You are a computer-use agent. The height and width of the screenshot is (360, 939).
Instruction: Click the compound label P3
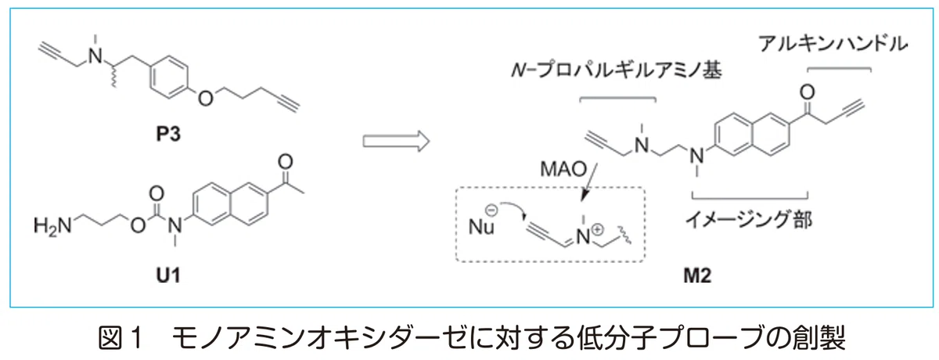(x=168, y=134)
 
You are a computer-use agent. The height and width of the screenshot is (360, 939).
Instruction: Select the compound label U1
(x=168, y=275)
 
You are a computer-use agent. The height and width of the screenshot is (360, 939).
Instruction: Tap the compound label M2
(x=697, y=275)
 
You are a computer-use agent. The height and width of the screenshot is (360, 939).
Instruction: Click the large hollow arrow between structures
(x=396, y=141)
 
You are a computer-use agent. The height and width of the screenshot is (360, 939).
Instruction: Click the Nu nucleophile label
(x=481, y=227)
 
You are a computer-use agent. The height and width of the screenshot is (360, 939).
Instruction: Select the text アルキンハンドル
(x=833, y=44)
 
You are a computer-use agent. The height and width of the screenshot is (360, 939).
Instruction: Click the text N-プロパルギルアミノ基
(x=617, y=70)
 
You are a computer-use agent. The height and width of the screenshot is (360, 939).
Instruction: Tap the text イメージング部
(x=749, y=221)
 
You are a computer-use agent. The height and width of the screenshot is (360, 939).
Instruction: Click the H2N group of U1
(x=52, y=225)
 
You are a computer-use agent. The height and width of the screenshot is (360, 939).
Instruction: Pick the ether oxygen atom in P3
(x=205, y=99)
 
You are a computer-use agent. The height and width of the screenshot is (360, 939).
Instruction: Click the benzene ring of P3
(x=169, y=77)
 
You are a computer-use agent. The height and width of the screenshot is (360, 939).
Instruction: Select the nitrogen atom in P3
(x=95, y=56)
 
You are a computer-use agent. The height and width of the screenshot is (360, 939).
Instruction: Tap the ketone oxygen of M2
(x=807, y=92)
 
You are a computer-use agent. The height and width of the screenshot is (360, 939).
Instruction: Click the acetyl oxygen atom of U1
(x=286, y=162)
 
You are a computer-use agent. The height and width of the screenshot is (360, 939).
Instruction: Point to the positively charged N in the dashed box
(x=583, y=237)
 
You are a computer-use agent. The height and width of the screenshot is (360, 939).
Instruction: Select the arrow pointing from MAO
(x=589, y=182)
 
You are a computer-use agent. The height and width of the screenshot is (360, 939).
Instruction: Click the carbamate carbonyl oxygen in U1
(x=156, y=193)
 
